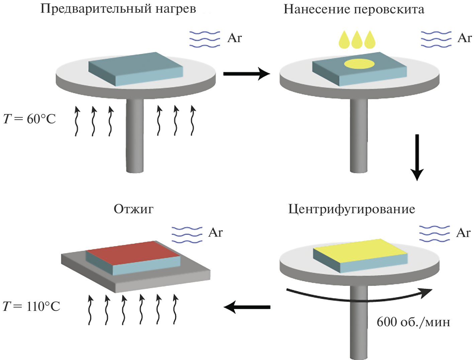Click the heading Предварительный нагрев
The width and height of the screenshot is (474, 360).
(118, 9)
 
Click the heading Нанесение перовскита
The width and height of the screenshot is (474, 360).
(354, 9)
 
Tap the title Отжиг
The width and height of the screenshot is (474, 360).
(133, 209)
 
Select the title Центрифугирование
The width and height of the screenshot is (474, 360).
(352, 209)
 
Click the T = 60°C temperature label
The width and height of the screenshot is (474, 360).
(29, 119)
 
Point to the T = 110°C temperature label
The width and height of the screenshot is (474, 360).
(31, 307)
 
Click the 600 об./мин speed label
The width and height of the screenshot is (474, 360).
(413, 322)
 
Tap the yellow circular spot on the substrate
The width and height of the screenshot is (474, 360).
(359, 64)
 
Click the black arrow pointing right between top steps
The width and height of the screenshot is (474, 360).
(246, 74)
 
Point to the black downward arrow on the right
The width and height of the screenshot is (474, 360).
(417, 157)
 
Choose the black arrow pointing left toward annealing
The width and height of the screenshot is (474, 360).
(247, 307)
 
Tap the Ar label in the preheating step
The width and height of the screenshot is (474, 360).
(234, 38)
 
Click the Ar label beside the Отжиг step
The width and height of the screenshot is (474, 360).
(215, 233)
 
